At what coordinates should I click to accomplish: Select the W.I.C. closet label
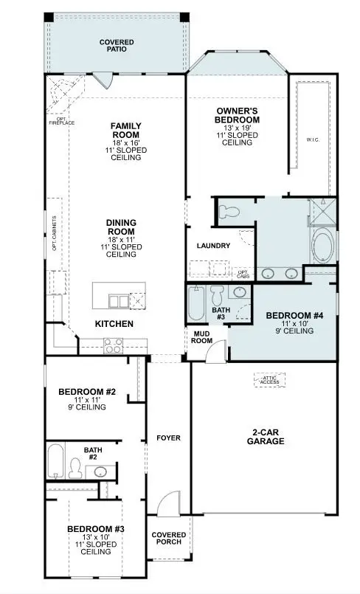coord(313,139)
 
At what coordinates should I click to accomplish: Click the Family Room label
coord(126,131)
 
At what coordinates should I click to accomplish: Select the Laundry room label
coord(214,246)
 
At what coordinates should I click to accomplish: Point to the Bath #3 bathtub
coord(195,304)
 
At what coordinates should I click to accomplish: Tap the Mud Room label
coord(202,336)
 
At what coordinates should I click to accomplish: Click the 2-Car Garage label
coord(266,437)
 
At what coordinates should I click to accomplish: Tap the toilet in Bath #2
coord(76,466)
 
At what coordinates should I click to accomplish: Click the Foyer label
coord(168,438)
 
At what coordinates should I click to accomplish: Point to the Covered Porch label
coord(168,539)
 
